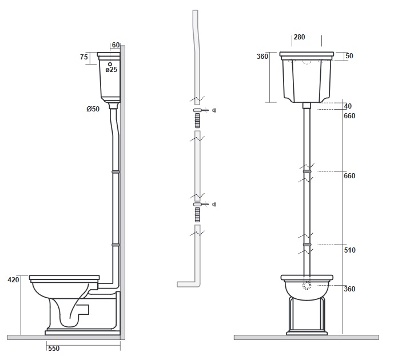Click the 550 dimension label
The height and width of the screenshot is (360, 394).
coord(54,348)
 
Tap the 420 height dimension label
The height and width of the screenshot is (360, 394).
coord(13,279)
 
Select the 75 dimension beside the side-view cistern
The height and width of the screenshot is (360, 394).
coord(84,57)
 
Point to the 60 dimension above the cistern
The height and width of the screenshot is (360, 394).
coord(116,45)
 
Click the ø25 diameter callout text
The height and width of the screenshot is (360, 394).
coord(112,70)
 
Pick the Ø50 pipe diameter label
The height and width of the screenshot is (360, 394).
coord(93,109)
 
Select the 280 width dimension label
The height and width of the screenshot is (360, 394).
coord(299,37)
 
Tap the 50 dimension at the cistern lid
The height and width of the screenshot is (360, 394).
coord(349,56)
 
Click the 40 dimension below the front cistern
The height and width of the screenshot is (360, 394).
coord(348,106)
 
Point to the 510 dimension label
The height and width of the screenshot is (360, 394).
coord(349,250)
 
